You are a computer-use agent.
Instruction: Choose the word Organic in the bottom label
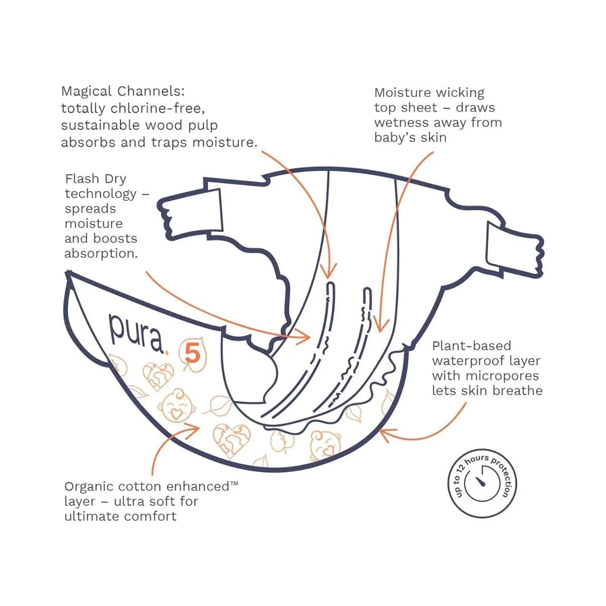pos(88,486)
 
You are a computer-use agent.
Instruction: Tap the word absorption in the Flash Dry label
pos(100,253)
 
